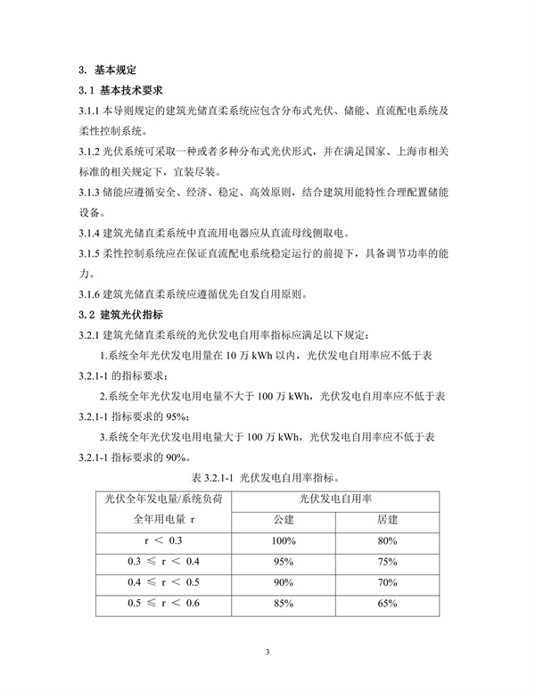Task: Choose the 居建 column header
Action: (387, 519)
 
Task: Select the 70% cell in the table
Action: (387, 582)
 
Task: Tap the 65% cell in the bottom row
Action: (387, 604)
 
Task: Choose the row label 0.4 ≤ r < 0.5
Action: (163, 582)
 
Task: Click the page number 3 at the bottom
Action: (267, 654)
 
